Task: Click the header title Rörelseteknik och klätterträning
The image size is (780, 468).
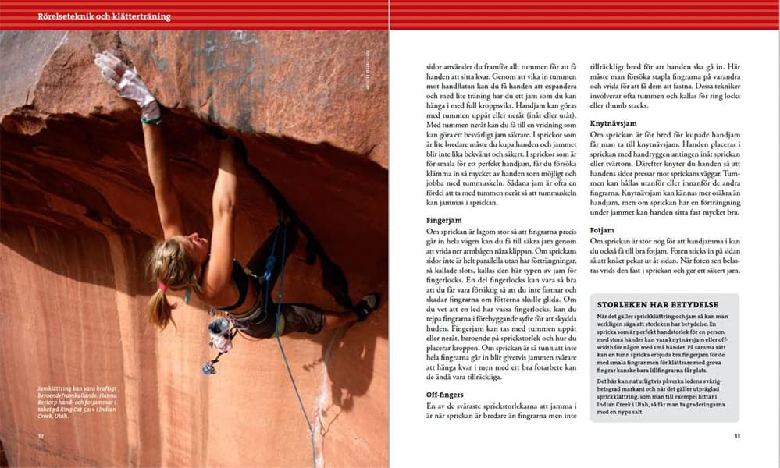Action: (x=104, y=16)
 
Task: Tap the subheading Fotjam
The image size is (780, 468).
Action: (x=604, y=230)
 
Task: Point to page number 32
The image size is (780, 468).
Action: (x=41, y=436)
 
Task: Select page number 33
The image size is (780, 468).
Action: (x=736, y=436)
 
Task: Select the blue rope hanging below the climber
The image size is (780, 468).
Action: (x=297, y=390)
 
